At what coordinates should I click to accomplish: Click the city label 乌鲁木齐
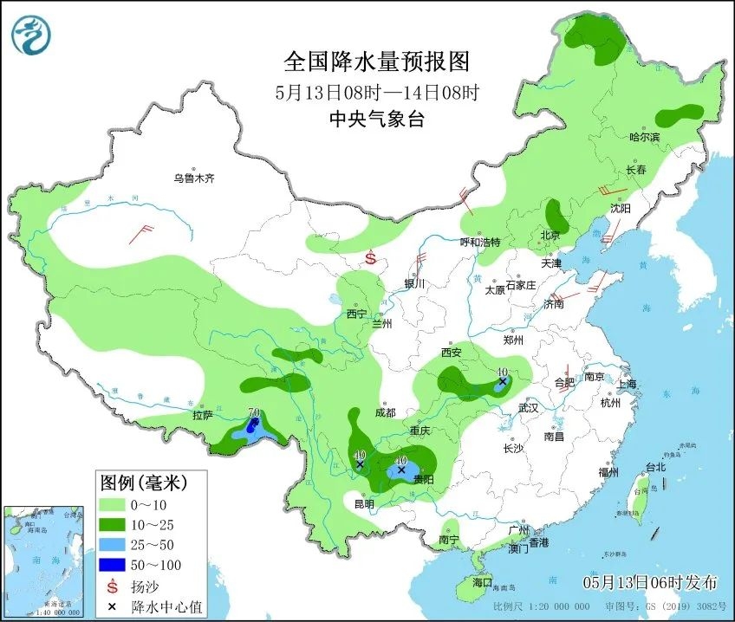coord(192,178)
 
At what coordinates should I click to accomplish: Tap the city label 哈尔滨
coord(644,138)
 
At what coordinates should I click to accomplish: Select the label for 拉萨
coord(202,415)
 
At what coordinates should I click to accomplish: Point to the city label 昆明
coord(364,503)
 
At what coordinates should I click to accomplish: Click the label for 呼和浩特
coord(479,242)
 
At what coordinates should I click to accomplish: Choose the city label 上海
coord(626,384)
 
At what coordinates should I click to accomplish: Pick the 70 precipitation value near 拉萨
coord(254,413)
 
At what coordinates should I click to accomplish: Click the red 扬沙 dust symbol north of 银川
coord(370,257)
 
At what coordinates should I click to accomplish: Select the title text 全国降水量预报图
coord(377,62)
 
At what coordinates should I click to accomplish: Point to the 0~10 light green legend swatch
coord(112,503)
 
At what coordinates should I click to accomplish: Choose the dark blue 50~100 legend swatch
coord(112,566)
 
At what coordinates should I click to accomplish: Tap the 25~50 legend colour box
coord(112,545)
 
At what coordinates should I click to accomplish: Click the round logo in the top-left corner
coord(31,35)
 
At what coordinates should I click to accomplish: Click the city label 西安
coord(452,353)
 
